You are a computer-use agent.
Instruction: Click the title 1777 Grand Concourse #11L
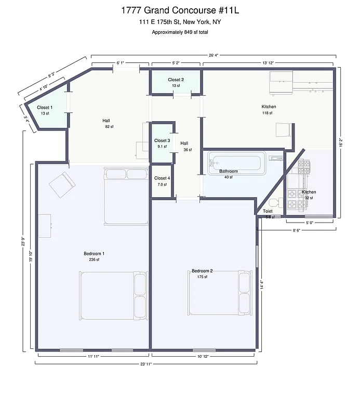pyautogui.click(x=180, y=10)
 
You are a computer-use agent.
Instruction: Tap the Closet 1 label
pyautogui.click(x=44, y=108)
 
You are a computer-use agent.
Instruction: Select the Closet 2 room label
pyautogui.click(x=176, y=80)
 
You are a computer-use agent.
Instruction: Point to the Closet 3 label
pyautogui.click(x=162, y=140)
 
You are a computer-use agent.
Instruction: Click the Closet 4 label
pyautogui.click(x=162, y=178)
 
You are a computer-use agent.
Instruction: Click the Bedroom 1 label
pyautogui.click(x=94, y=254)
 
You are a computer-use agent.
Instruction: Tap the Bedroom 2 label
pyautogui.click(x=202, y=271)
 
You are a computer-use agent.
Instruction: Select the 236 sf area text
pyautogui.click(x=94, y=259)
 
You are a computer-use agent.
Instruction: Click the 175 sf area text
pyautogui.click(x=202, y=277)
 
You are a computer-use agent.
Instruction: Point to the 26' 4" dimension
pyautogui.click(x=213, y=55)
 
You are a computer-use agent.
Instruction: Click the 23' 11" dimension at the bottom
pyautogui.click(x=145, y=364)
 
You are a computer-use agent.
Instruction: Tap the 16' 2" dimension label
pyautogui.click(x=341, y=142)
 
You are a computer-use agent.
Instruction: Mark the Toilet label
pyautogui.click(x=268, y=211)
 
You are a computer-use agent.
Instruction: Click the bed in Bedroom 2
pyautogui.click(x=218, y=293)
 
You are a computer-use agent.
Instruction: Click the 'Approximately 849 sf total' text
pyautogui.click(x=180, y=32)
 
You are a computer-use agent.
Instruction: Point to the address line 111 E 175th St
pyautogui.click(x=180, y=22)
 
